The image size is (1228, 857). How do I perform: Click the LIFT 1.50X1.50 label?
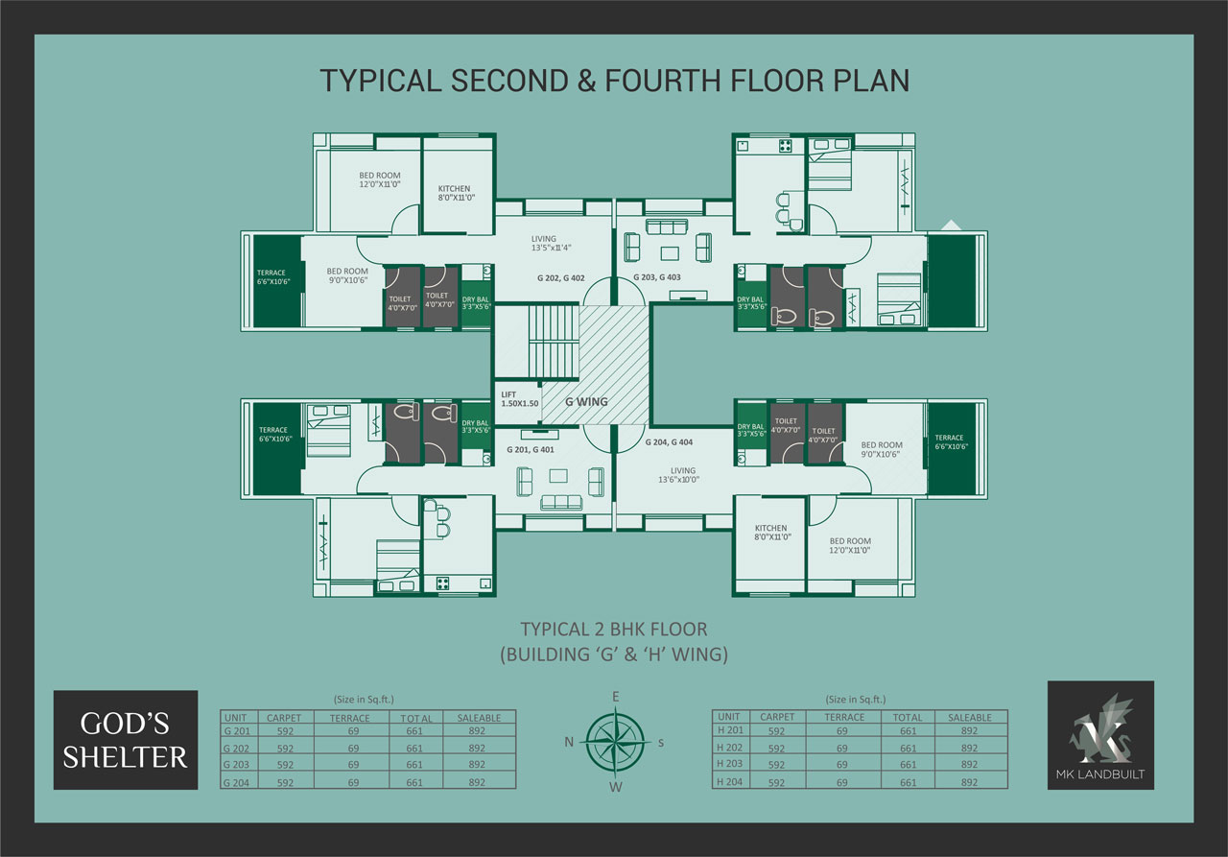click(519, 399)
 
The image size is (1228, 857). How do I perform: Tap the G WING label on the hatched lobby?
click(586, 402)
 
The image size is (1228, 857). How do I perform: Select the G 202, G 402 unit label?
click(561, 278)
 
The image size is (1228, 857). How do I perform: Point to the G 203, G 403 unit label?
click(657, 277)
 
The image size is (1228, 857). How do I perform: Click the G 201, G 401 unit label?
click(531, 449)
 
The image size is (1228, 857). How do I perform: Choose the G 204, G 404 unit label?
click(669, 441)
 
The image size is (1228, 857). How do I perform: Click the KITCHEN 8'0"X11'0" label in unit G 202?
click(456, 193)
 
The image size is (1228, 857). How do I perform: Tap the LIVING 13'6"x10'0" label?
click(678, 475)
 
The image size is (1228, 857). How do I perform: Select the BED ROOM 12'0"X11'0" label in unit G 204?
click(850, 545)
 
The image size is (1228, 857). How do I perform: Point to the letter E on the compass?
click(616, 697)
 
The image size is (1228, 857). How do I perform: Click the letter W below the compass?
click(616, 787)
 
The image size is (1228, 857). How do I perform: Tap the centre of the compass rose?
click(615, 742)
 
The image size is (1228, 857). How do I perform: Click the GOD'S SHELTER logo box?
click(126, 740)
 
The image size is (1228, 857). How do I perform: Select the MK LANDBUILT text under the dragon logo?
click(1100, 774)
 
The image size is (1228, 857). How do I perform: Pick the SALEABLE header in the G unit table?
click(479, 718)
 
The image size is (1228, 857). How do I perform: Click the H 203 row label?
click(729, 763)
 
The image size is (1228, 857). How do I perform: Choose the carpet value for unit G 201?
click(285, 731)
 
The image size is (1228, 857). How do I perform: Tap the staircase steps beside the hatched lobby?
click(554, 342)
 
